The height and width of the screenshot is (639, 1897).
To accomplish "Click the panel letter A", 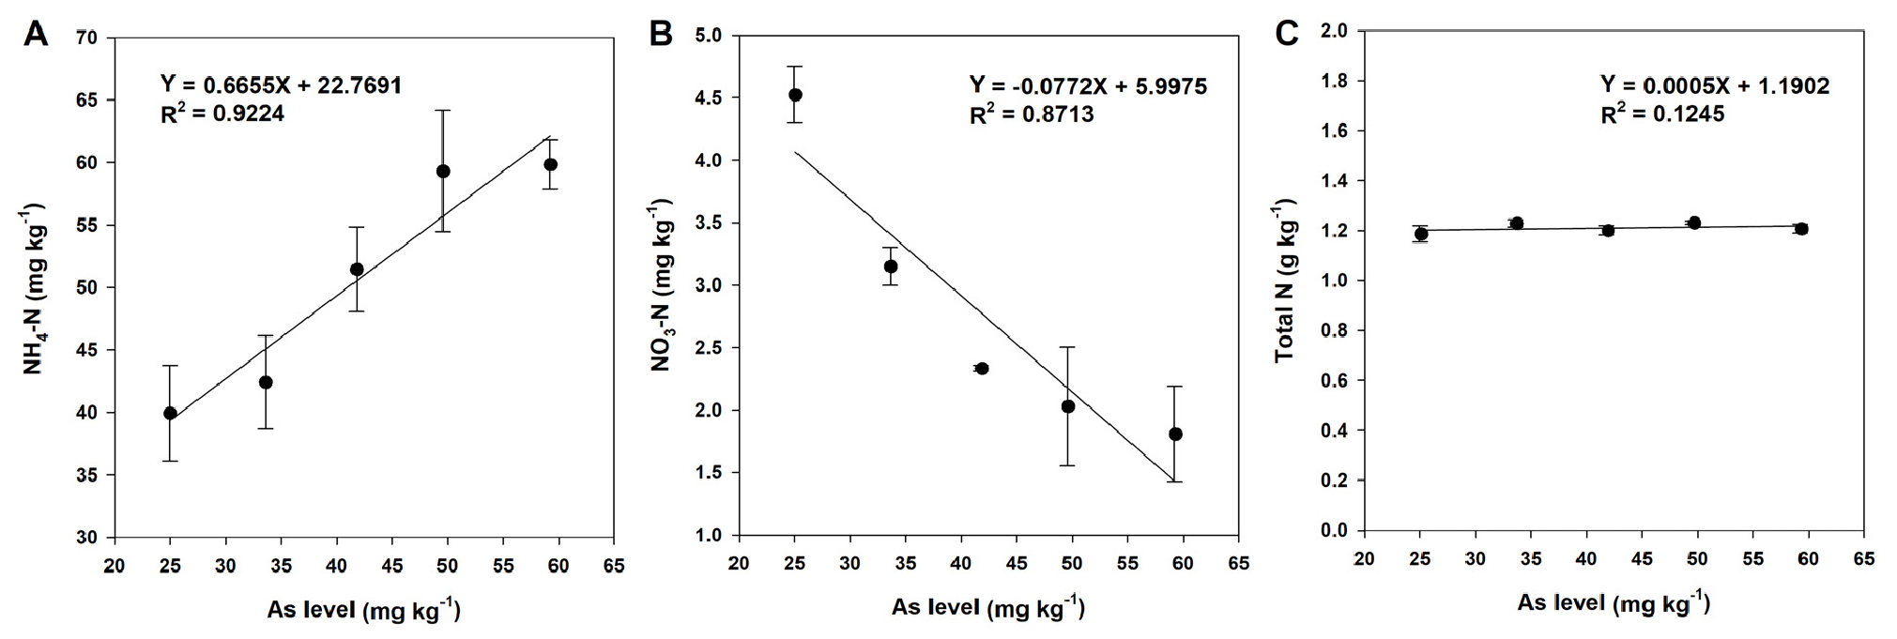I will pyautogui.click(x=35, y=35).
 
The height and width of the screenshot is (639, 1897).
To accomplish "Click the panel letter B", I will pyautogui.click(x=661, y=35).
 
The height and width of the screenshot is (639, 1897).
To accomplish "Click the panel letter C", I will pyautogui.click(x=1287, y=35).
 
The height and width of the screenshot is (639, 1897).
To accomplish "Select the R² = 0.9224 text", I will pyautogui.click(x=222, y=114).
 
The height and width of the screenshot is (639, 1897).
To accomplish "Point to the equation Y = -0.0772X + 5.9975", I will pyautogui.click(x=1088, y=86).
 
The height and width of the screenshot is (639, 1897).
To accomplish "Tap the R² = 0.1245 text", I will pyautogui.click(x=1662, y=114).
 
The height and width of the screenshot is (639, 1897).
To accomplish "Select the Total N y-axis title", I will pyautogui.click(x=1285, y=281).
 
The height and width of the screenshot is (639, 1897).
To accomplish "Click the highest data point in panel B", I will pyautogui.click(x=795, y=95).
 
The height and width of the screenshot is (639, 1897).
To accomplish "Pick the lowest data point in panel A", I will pyautogui.click(x=170, y=413).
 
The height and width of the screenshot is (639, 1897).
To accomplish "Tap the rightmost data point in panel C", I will pyautogui.click(x=1800, y=229).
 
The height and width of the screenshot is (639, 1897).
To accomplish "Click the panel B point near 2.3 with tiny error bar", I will pyautogui.click(x=982, y=369).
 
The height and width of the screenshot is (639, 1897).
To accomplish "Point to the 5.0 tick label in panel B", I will pyautogui.click(x=712, y=37).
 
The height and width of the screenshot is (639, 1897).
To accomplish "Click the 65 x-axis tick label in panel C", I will pyautogui.click(x=1863, y=559).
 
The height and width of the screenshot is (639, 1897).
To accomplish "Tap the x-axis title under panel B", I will pyautogui.click(x=987, y=608).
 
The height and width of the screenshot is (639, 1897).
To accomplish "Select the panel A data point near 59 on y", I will pyautogui.click(x=443, y=171).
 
